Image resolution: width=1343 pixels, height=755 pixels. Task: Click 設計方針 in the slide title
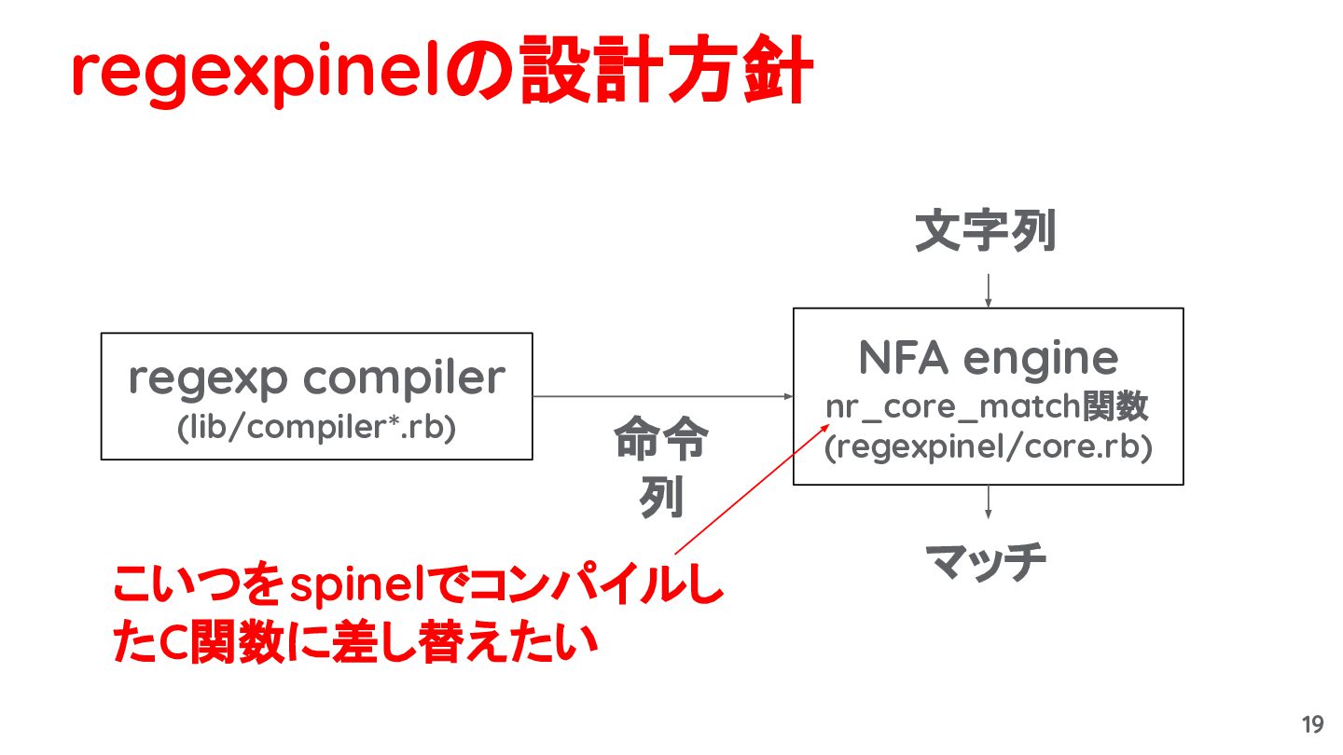pos(666,70)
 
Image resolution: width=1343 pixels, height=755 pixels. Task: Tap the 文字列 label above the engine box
pos(986,231)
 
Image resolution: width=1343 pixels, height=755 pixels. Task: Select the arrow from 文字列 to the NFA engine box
pos(988,291)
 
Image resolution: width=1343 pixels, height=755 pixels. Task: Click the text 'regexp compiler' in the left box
pos(317,378)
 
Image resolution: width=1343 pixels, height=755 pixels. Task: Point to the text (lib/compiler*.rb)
pos(316,427)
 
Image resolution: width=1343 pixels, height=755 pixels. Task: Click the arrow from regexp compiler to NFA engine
pos(662,396)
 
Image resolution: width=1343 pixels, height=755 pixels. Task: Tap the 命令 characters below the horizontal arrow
pos(661,438)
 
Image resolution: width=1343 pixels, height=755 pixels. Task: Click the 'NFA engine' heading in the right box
pos(988,358)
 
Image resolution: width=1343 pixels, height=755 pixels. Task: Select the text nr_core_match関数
pos(987,406)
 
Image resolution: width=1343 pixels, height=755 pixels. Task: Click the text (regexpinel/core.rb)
pos(988,447)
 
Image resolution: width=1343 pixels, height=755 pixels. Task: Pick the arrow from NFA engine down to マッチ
pos(988,502)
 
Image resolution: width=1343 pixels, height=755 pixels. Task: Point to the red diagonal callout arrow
pos(753,489)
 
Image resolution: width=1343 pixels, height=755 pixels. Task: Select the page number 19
pos(1312,724)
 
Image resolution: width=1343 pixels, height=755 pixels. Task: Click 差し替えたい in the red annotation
pos(465,641)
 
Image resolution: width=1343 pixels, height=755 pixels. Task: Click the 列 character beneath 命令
pos(661,497)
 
